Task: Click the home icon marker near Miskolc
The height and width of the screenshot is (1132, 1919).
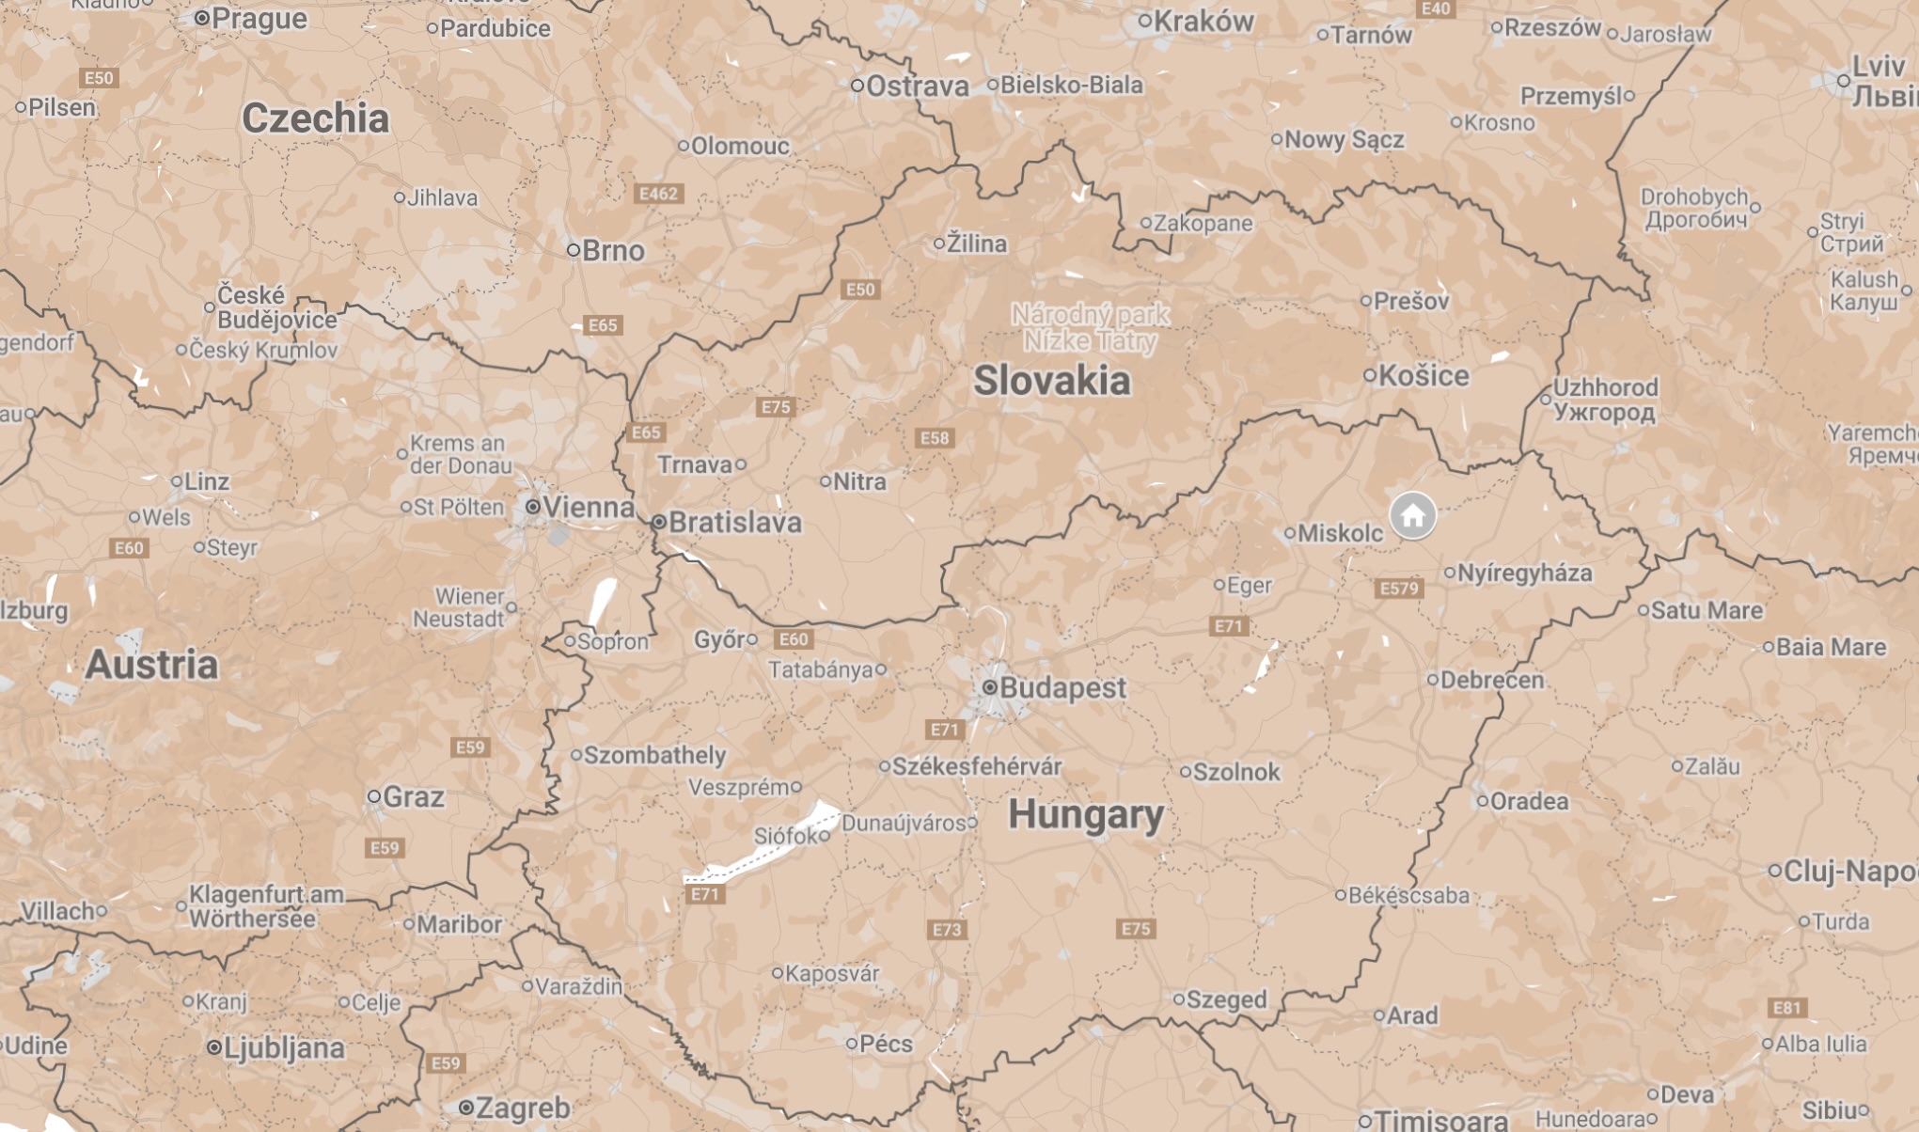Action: [x=1412, y=515]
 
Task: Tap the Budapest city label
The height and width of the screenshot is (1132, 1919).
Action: [x=1062, y=688]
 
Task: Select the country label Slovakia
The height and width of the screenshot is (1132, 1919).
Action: [x=1051, y=381]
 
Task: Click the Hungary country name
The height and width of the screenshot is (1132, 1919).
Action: [x=1086, y=814]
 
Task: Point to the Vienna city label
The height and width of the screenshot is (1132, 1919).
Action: [x=589, y=508]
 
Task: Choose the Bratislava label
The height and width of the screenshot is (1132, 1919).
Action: [x=734, y=523]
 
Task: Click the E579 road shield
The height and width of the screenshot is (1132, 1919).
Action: [x=1398, y=589]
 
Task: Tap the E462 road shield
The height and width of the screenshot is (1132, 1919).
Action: [x=658, y=194]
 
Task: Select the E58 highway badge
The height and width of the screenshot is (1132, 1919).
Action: [x=935, y=438]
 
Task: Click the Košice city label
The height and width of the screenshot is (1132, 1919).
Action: [x=1424, y=376]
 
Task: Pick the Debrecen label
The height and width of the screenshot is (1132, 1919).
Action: [x=1491, y=680]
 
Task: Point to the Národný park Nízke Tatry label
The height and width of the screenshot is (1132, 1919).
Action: [x=1091, y=327]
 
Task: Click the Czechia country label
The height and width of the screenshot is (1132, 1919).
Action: [x=315, y=118]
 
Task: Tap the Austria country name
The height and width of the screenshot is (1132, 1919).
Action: [x=151, y=665]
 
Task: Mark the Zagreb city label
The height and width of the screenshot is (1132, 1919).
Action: [x=523, y=1108]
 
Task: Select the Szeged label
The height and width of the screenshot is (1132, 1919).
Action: [x=1226, y=999]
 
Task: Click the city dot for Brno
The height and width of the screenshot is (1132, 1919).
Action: [x=574, y=250]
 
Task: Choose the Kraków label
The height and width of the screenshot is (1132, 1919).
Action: [x=1203, y=22]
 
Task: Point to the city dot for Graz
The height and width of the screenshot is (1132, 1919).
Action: [x=374, y=796]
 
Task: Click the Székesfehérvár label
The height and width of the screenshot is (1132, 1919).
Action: [x=977, y=766]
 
